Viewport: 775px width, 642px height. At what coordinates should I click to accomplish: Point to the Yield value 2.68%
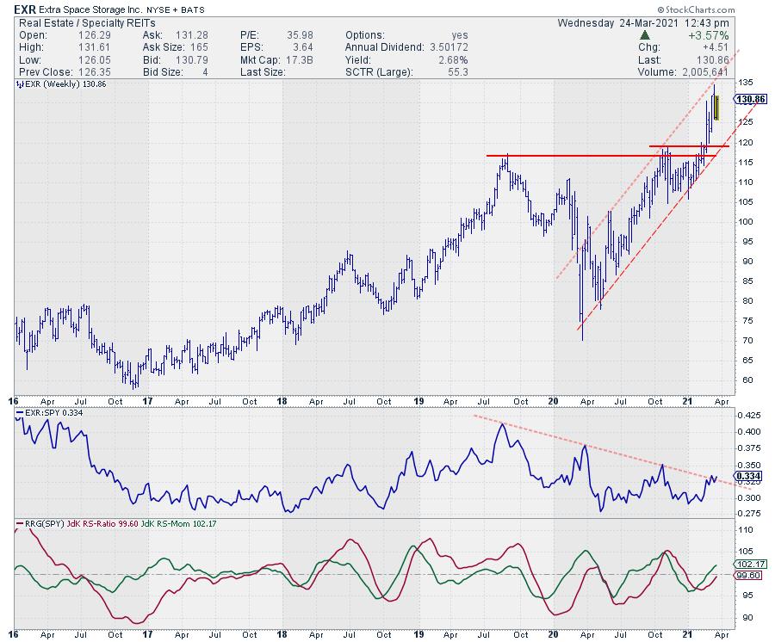click(x=451, y=59)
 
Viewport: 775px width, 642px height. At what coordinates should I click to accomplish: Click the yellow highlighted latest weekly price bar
click(x=716, y=113)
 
